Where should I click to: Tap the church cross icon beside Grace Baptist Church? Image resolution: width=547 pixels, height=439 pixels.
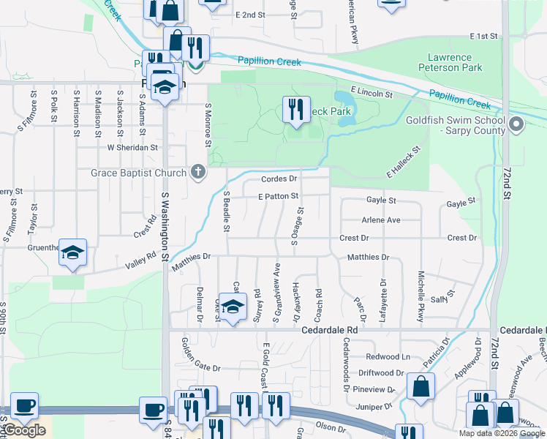pyautogui.click(x=197, y=173)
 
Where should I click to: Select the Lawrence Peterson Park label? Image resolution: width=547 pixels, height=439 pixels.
pyautogui.click(x=450, y=62)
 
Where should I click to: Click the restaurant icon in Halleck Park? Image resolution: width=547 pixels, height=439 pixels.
pyautogui.click(x=296, y=110)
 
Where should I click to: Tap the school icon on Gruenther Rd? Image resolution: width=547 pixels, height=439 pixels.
pyautogui.click(x=72, y=253)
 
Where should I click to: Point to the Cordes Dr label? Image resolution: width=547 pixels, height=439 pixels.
pyautogui.click(x=279, y=179)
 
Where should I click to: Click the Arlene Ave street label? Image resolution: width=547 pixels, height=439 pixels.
pyautogui.click(x=381, y=219)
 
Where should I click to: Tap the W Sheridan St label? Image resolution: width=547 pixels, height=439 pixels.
pyautogui.click(x=132, y=147)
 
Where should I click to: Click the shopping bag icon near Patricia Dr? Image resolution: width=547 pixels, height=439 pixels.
pyautogui.click(x=421, y=387)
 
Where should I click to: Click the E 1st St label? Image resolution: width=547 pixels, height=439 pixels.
pyautogui.click(x=483, y=36)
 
